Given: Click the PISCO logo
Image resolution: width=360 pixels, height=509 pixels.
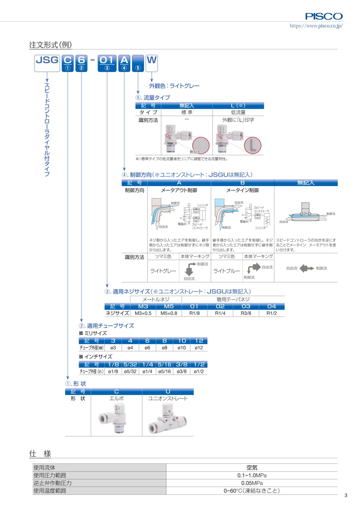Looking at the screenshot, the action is point(324,16).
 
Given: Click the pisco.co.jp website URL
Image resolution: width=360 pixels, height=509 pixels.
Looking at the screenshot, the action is point(316,26).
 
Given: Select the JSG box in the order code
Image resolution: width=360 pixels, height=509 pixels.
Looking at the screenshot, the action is point(47,63).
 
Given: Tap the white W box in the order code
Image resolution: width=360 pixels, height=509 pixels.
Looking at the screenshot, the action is point(152,63).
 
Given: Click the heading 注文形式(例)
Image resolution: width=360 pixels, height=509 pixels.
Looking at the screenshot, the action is point(50,45).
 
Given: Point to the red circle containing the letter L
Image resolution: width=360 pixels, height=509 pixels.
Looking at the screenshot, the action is point(252,145).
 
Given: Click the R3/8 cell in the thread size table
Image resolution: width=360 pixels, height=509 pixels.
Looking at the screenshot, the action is point(246,313).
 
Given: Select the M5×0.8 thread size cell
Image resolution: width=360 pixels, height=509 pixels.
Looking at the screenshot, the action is point(169,313).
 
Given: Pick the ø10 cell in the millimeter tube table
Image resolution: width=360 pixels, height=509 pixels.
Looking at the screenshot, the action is point(182,348).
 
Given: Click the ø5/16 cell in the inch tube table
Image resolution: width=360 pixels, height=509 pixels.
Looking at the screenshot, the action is point(164,371).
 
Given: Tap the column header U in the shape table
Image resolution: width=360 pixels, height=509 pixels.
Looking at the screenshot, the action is point(168,391).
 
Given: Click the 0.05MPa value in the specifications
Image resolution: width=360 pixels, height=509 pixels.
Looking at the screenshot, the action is point(252,483).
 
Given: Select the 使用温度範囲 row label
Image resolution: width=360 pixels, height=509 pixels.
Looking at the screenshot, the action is point(50,491).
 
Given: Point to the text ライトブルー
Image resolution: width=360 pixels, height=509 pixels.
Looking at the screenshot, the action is point(226,271).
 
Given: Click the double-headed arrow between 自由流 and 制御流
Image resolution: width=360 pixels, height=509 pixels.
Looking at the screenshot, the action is point(307,269).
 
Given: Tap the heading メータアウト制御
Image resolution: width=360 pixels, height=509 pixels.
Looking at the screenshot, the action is point(179,190).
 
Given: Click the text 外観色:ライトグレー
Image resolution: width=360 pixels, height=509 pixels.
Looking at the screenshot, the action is point(174,86).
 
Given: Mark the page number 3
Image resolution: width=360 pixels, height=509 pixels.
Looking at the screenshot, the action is point(346,495).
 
